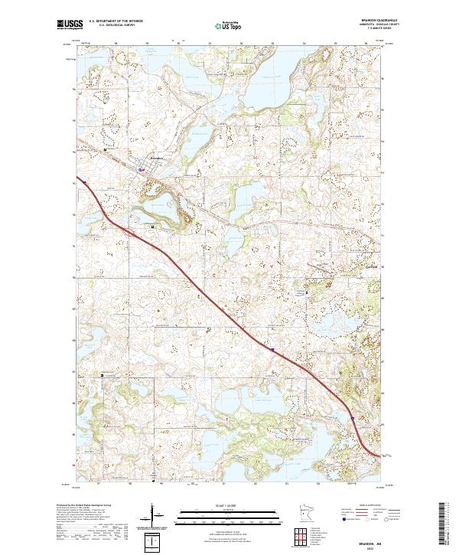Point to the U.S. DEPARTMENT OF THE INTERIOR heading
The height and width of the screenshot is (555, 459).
pyautogui.click(x=116, y=21)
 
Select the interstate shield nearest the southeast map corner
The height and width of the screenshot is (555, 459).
pyautogui.click(x=352, y=418)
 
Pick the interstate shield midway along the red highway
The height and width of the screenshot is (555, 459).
pyautogui.click(x=270, y=349)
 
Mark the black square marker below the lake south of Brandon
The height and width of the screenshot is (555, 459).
pyautogui.click(x=154, y=227)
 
